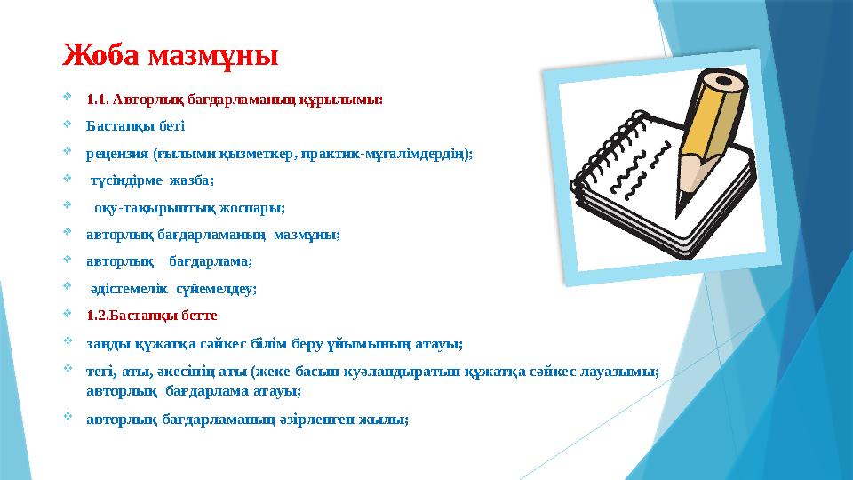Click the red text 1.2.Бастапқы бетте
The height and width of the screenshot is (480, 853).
point(151,315)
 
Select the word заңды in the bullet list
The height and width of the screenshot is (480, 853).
point(103,343)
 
